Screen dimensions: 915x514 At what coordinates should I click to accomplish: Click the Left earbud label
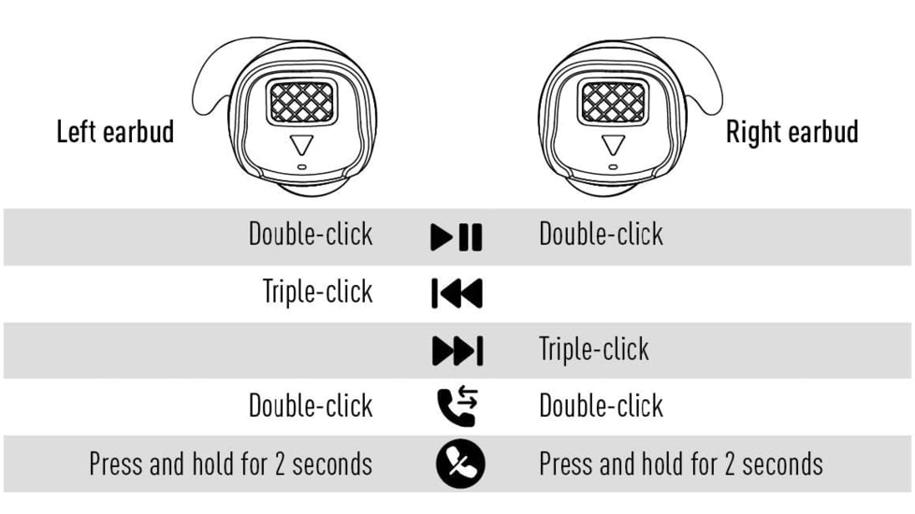tap(115, 132)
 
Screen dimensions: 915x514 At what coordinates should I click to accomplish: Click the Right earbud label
tap(792, 132)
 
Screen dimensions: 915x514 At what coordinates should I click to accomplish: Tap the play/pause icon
tap(457, 237)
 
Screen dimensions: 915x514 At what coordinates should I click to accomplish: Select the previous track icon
tap(457, 293)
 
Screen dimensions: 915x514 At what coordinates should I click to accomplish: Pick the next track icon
tap(457, 350)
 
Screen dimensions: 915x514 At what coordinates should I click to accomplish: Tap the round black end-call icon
tap(460, 464)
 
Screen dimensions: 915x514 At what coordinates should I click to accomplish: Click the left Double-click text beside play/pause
tap(311, 235)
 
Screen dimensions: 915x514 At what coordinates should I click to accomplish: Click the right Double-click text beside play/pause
tap(601, 235)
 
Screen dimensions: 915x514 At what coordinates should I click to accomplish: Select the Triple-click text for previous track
tap(317, 292)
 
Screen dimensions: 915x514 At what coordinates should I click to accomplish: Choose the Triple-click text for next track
tap(594, 350)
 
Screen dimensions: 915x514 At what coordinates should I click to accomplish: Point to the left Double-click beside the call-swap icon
tap(311, 406)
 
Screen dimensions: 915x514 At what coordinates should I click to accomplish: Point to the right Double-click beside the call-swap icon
tap(601, 406)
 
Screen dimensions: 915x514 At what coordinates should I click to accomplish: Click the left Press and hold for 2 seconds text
tap(230, 464)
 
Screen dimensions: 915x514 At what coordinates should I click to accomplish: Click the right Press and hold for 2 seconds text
tap(681, 464)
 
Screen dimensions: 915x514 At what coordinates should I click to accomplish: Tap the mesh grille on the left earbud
tap(301, 102)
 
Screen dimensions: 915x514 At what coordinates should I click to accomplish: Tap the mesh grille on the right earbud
tap(614, 102)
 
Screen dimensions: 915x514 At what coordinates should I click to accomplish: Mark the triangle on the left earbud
tap(301, 144)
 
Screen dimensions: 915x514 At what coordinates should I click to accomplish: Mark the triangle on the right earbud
tap(614, 144)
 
